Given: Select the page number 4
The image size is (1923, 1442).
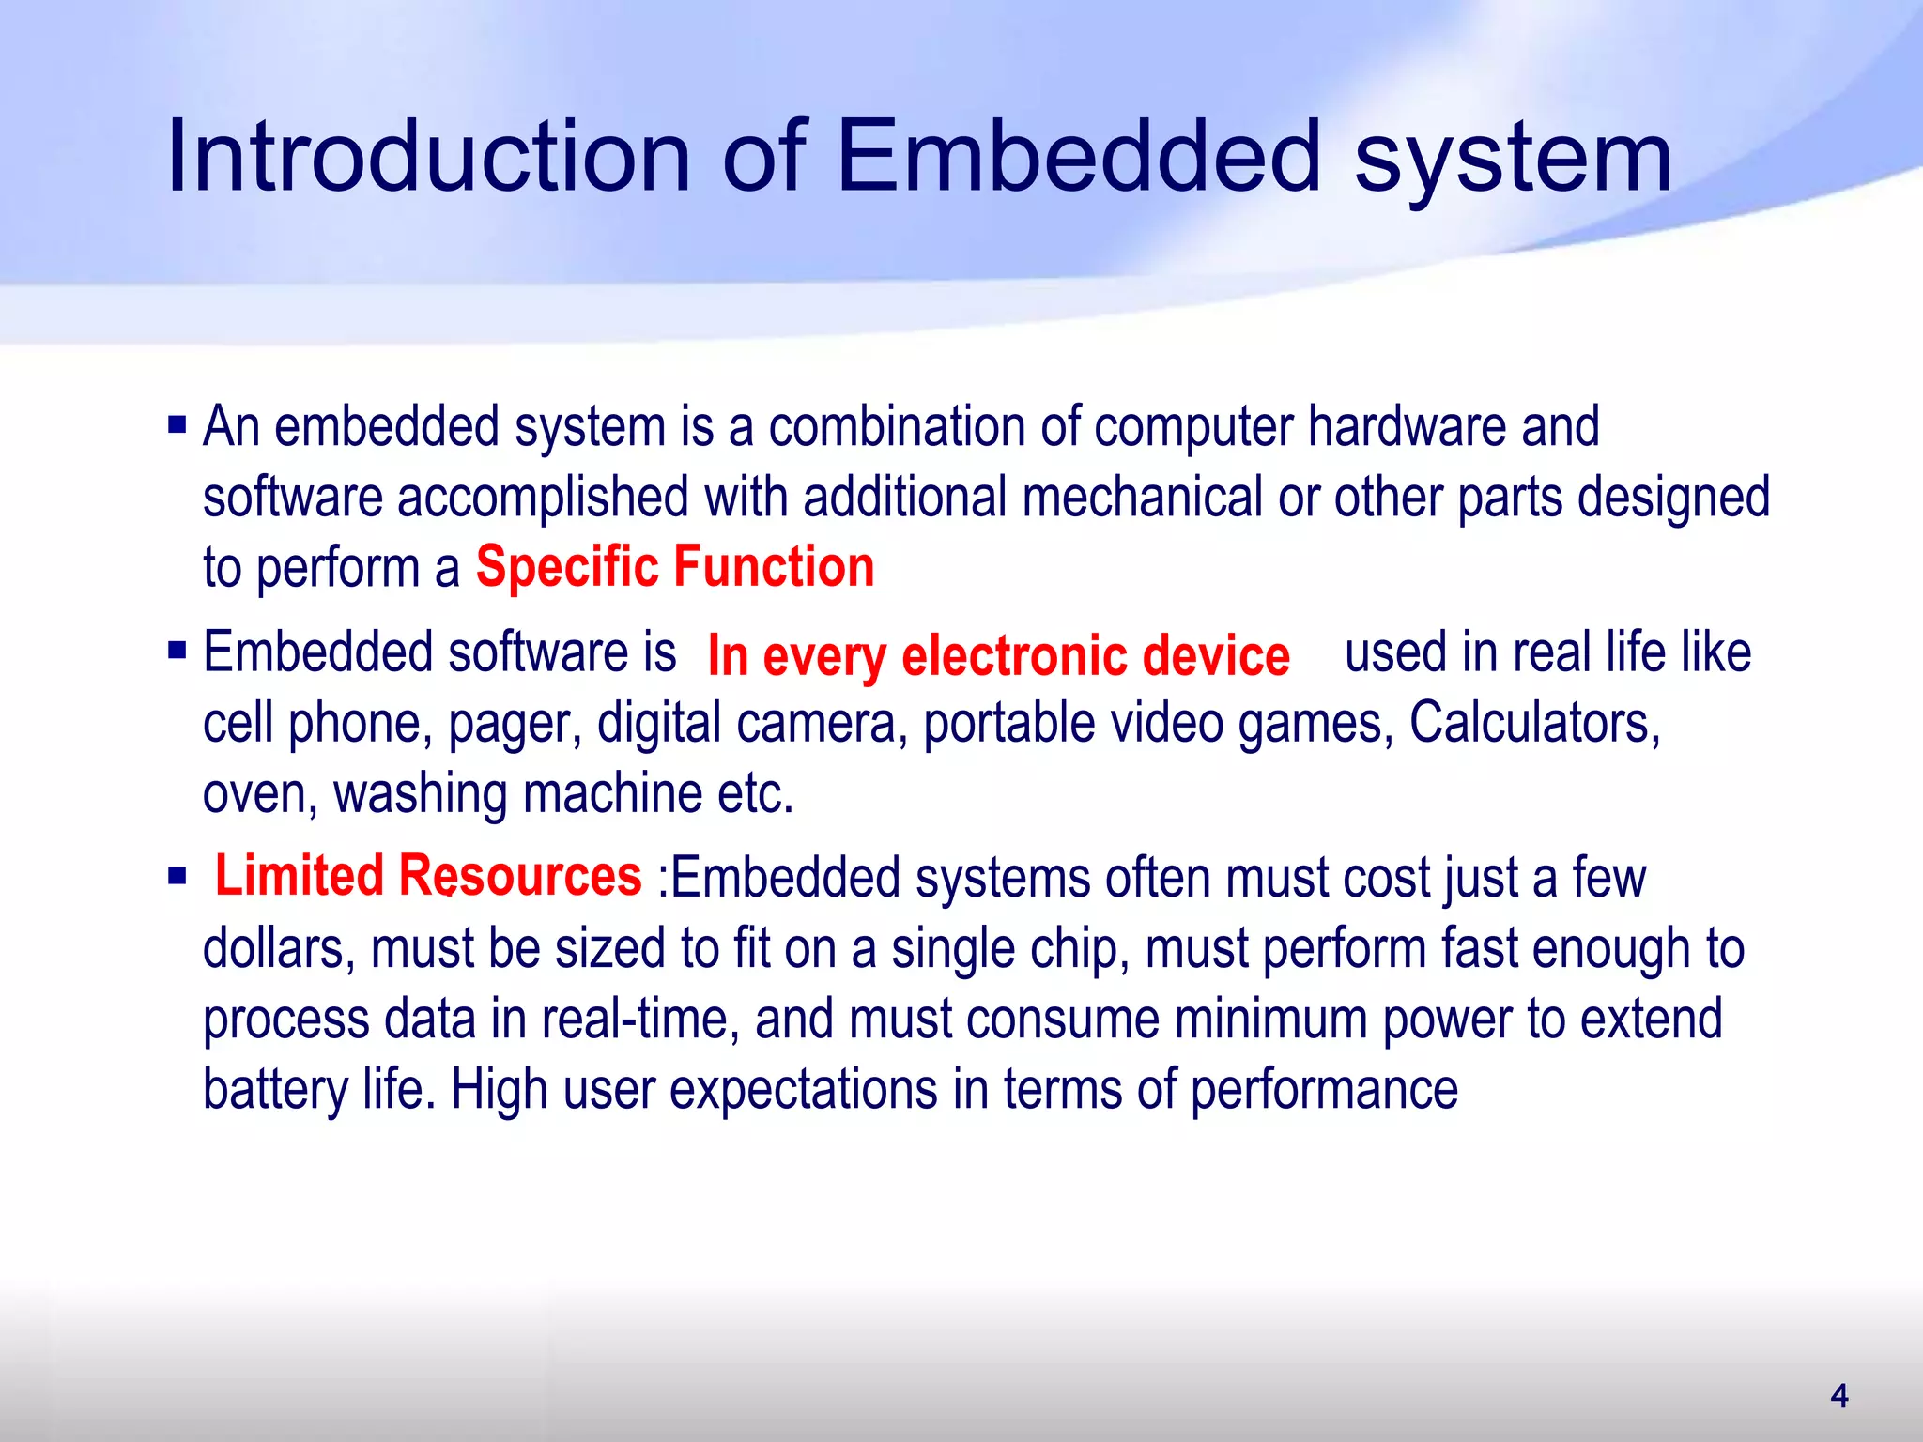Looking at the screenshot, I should [1839, 1396].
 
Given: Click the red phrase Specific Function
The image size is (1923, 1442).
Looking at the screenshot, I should [675, 567].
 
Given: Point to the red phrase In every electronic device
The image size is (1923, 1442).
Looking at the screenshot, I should [998, 655].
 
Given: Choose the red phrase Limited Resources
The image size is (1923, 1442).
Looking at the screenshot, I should [428, 876].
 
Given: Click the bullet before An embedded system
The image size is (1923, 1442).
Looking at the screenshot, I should [177, 425].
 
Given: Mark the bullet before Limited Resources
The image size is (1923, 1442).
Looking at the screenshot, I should [177, 877].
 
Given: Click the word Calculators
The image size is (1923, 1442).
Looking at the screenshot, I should [1535, 723].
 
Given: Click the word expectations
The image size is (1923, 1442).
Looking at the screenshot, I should [804, 1091].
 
